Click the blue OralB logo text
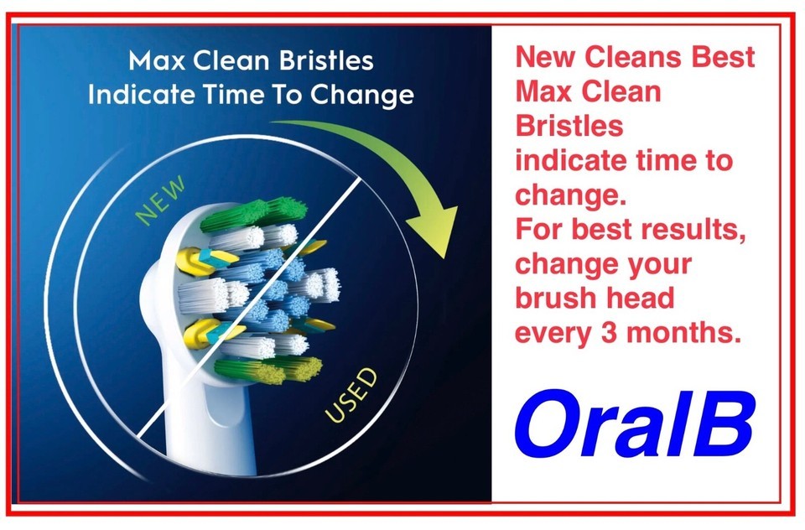tap(635, 423)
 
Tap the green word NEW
tap(161, 200)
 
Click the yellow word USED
tap(351, 396)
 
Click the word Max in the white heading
tap(157, 60)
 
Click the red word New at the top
tap(545, 56)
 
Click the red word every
tap(553, 334)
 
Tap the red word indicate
tap(571, 160)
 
